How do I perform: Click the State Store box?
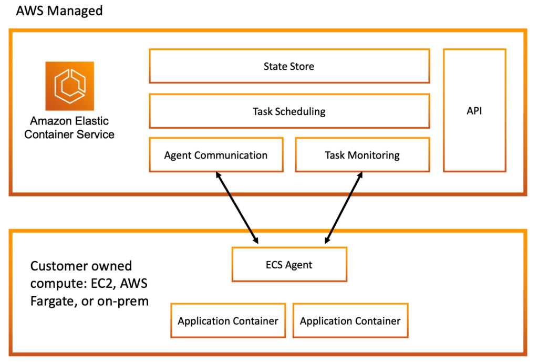coord(289,66)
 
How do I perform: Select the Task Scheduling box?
coord(289,111)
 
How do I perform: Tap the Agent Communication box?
coord(216,155)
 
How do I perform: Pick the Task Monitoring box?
coord(362,155)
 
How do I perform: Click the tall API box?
coord(474,111)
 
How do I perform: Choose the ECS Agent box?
coord(289,265)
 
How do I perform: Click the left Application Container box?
coord(228,321)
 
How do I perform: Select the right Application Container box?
coord(350,321)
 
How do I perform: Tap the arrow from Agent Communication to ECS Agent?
coord(236,207)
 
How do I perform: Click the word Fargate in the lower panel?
coord(53,301)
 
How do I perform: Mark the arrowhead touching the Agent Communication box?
coord(218,176)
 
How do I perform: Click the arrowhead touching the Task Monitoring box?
coord(360,176)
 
